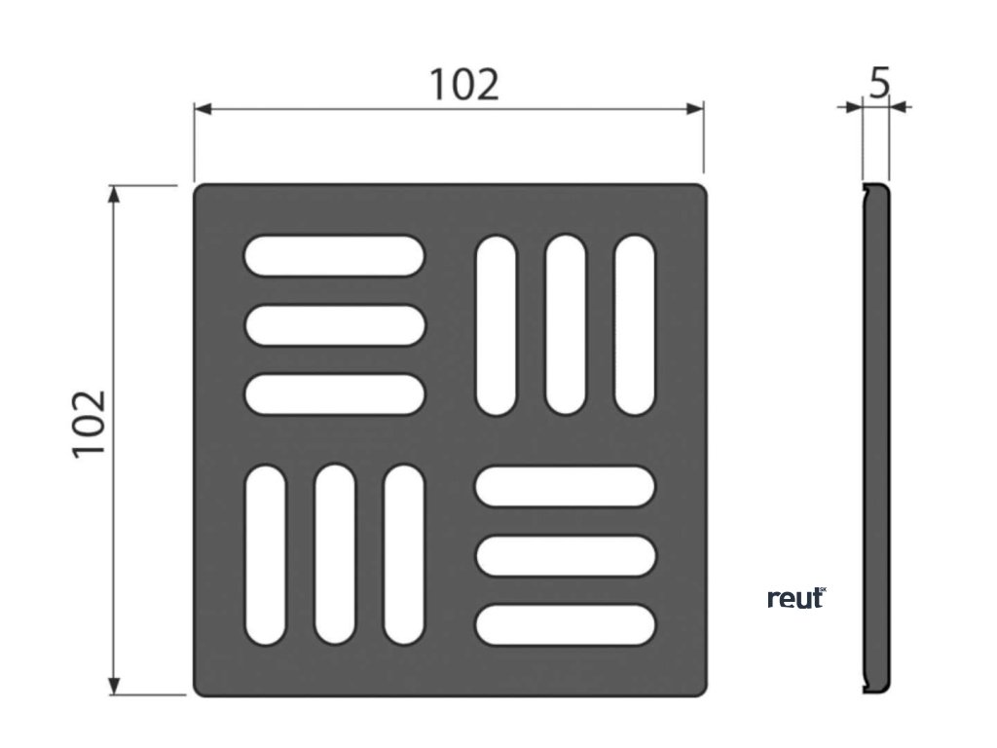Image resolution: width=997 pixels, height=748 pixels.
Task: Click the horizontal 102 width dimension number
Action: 464,86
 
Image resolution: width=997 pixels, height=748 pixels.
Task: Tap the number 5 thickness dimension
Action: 879,84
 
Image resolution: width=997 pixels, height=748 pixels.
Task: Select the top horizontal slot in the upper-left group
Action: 334,256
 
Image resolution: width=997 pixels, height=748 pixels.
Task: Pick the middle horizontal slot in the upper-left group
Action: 334,324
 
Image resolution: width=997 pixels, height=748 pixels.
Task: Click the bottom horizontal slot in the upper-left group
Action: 334,393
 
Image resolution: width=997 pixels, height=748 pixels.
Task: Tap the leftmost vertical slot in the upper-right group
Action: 496,325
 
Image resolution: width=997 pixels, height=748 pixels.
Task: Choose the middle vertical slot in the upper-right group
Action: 565,325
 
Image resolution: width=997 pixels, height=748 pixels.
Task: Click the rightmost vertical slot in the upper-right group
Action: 635,325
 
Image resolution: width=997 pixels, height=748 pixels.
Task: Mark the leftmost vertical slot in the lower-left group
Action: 265,555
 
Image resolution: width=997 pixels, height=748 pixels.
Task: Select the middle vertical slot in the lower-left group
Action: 335,555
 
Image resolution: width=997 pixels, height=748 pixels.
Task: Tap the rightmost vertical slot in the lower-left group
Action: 404,555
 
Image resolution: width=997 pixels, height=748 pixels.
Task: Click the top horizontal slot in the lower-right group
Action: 566,487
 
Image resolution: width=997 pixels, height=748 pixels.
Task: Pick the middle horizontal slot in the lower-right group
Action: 566,555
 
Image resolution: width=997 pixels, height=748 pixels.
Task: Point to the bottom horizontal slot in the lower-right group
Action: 566,624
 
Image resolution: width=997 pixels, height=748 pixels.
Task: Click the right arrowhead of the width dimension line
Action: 695,108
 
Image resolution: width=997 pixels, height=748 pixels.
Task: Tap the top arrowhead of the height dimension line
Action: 115,193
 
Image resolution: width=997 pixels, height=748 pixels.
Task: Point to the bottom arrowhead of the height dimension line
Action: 115,687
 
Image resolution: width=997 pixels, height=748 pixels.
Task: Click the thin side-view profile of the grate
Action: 875,438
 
